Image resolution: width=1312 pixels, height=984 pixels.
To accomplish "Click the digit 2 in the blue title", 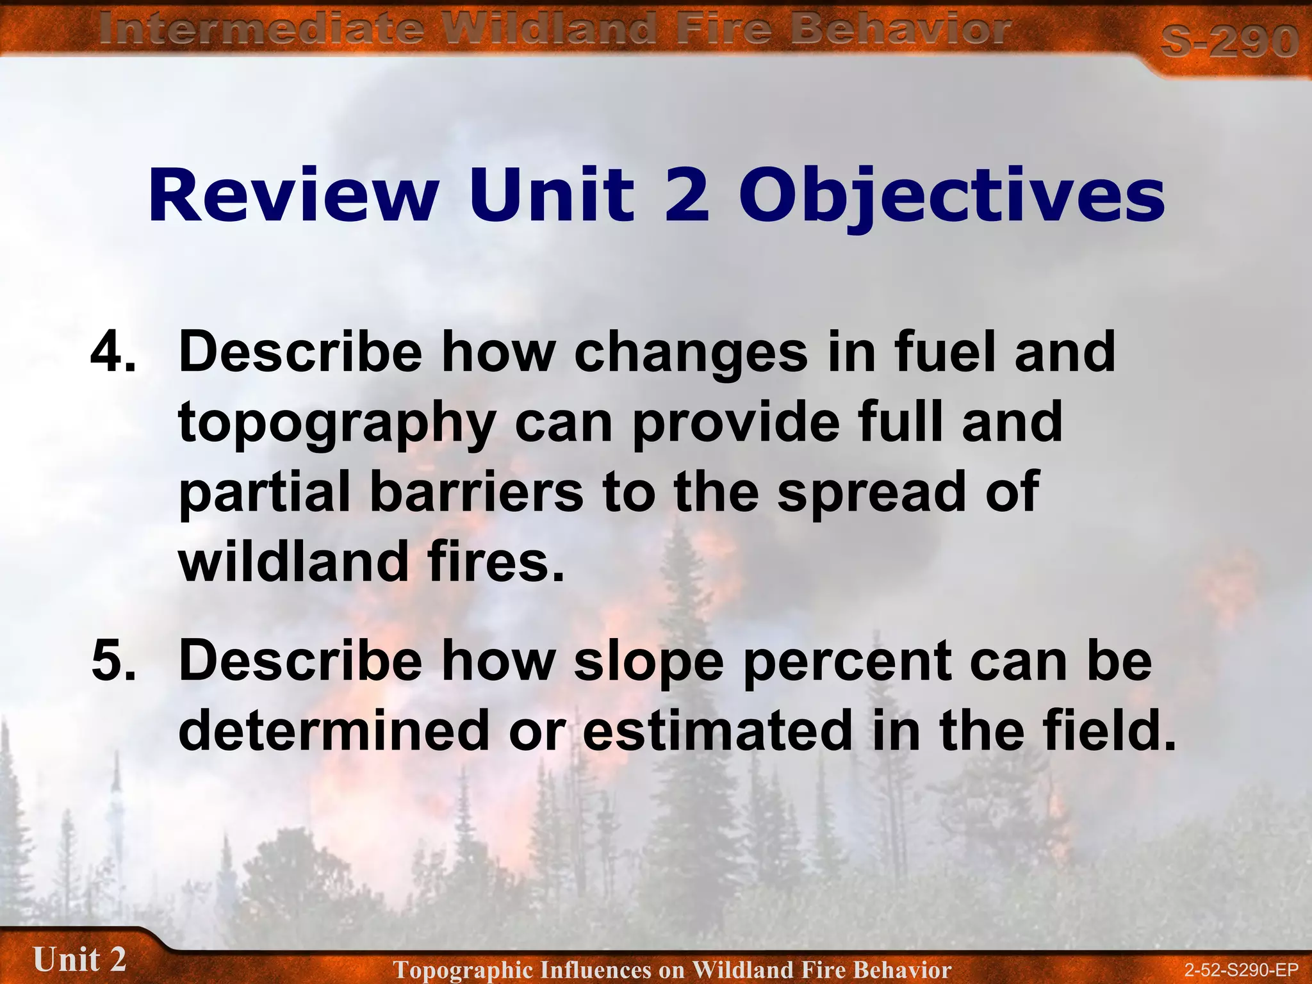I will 687,195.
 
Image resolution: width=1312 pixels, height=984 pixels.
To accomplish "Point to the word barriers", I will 476,491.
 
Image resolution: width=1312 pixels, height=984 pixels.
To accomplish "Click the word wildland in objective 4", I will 293,561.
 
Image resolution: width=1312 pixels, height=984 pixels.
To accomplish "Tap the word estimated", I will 717,731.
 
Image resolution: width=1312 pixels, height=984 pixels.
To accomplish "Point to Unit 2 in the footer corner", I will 79,960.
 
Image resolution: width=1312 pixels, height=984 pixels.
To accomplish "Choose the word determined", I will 333,731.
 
